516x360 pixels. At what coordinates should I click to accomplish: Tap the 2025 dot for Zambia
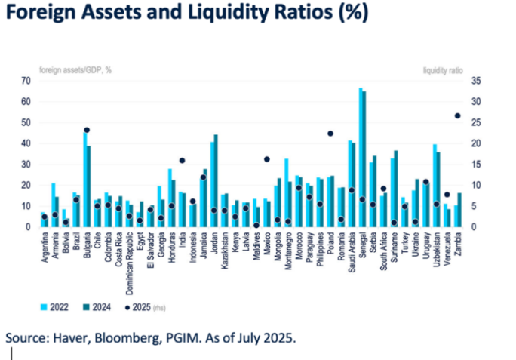pyautogui.click(x=457, y=115)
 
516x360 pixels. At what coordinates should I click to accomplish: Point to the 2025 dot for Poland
pyautogui.click(x=330, y=134)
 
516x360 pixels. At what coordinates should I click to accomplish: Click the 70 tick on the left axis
pyautogui.click(x=25, y=81)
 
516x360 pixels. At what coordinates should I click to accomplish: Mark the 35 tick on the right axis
pyautogui.click(x=476, y=81)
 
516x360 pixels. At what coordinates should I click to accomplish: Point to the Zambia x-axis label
pyautogui.click(x=459, y=244)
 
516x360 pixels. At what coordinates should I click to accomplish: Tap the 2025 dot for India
pyautogui.click(x=182, y=161)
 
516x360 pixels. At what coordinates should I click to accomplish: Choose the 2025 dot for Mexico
pyautogui.click(x=266, y=159)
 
